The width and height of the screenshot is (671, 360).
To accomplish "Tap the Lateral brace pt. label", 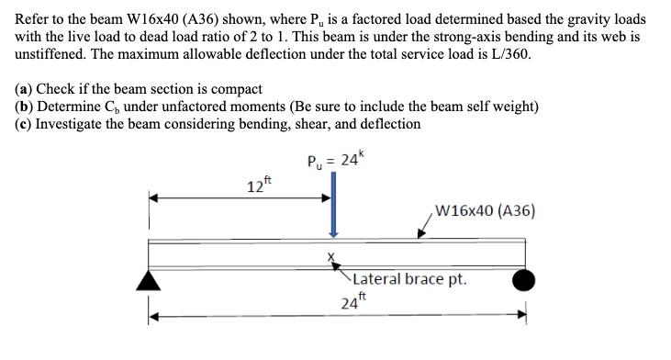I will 408,278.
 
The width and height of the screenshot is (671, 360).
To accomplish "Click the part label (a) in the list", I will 25,89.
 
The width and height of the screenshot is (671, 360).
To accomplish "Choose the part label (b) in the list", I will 26,107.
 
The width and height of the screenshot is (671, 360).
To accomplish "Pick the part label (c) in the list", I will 25,123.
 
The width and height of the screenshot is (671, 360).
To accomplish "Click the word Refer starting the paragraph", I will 34,19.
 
